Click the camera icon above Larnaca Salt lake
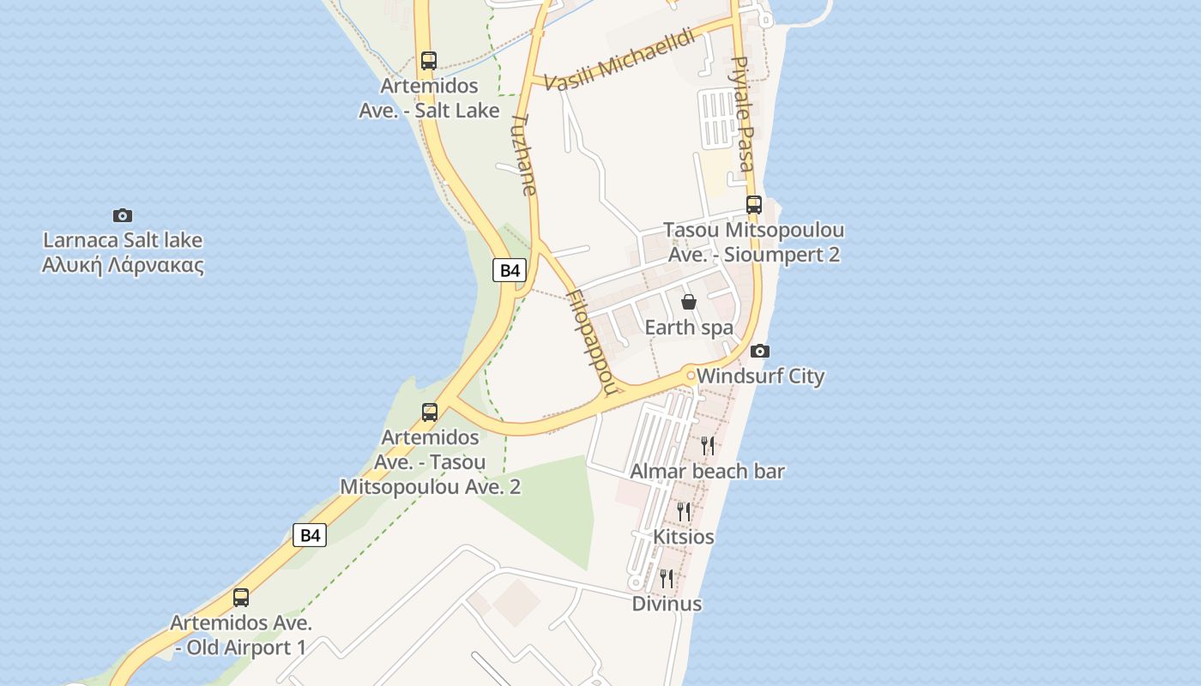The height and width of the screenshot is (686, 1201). click(123, 215)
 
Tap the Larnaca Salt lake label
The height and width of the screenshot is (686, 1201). click(123, 252)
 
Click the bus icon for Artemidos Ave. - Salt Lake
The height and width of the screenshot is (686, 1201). click(429, 61)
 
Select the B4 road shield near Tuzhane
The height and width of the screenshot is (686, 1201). click(510, 270)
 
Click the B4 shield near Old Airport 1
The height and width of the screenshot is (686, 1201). click(310, 536)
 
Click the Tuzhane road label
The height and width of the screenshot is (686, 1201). click(525, 154)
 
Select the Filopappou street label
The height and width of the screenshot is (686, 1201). click(592, 341)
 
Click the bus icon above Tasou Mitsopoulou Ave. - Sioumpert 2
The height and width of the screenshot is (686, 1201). click(754, 205)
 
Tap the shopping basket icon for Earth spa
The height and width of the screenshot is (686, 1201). click(688, 302)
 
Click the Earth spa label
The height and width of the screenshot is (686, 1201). click(689, 328)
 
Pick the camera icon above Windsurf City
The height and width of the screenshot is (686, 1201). click(760, 351)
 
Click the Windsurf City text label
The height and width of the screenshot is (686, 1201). click(760, 376)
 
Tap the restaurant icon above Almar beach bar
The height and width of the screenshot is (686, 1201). click(708, 445)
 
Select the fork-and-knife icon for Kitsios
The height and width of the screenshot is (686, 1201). click(684, 512)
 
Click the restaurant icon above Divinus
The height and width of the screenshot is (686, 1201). click(667, 579)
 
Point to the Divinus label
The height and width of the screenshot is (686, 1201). click(667, 604)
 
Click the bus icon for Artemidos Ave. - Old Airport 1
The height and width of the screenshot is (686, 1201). click(241, 598)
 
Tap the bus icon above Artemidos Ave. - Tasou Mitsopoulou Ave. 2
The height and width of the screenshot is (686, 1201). click(430, 412)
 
